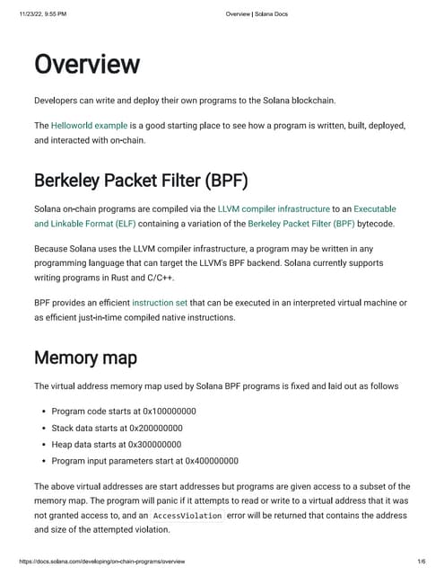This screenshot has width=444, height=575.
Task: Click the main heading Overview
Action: tap(87, 66)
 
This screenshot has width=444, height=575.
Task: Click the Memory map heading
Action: tap(85, 358)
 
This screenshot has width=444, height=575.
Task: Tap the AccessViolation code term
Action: tap(185, 517)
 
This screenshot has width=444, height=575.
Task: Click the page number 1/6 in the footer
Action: tap(421, 561)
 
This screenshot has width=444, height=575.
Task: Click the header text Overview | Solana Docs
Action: tap(257, 14)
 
